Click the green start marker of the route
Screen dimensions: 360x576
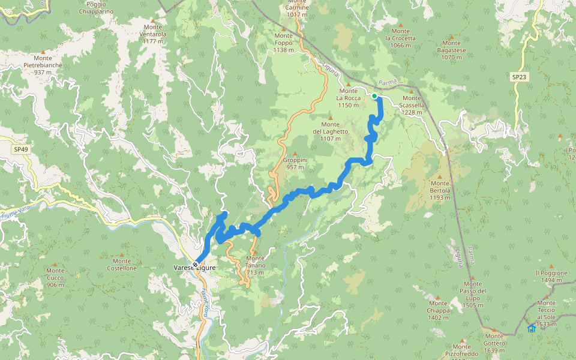click(x=374, y=96)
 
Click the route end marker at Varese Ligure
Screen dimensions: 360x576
click(x=196, y=264)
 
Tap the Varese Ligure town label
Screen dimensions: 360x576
click(x=194, y=268)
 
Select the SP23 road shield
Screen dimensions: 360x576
click(x=519, y=77)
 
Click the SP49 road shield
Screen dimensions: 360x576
click(x=20, y=149)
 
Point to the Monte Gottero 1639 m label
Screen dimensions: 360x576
click(x=494, y=340)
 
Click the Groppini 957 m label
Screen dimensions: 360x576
click(x=295, y=164)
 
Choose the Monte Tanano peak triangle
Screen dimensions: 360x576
click(x=253, y=252)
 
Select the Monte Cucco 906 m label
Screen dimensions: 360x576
click(x=55, y=278)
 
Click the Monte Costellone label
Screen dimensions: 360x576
click(x=122, y=264)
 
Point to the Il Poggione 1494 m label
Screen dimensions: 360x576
click(x=551, y=276)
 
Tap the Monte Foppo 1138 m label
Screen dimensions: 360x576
click(x=284, y=43)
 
